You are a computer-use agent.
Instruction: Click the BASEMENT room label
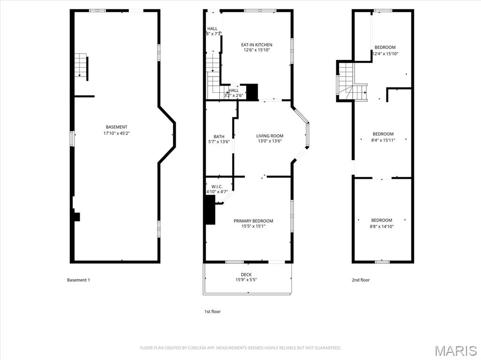pyautogui.click(x=116, y=127)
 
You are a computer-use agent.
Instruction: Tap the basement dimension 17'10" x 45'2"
pyautogui.click(x=116, y=133)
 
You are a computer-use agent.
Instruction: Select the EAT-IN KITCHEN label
pyautogui.click(x=256, y=45)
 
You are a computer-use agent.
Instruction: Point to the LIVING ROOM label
pyautogui.click(x=270, y=136)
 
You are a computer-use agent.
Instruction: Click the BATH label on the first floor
pyautogui.click(x=219, y=137)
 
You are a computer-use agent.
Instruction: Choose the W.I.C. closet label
pyautogui.click(x=217, y=186)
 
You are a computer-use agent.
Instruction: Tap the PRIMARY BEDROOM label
pyautogui.click(x=253, y=221)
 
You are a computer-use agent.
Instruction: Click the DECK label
pyautogui.click(x=246, y=275)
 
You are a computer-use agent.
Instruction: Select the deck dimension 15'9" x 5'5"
pyautogui.click(x=246, y=280)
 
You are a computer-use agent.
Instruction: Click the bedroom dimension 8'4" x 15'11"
pyautogui.click(x=383, y=140)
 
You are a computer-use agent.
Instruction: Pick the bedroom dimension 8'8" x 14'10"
pyautogui.click(x=382, y=226)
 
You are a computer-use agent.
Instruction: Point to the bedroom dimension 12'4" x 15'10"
pyautogui.click(x=385, y=54)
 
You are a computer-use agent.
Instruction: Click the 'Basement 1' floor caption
pyautogui.click(x=78, y=280)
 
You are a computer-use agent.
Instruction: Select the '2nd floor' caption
pyautogui.click(x=361, y=280)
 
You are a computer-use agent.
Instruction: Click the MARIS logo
pyautogui.click(x=456, y=351)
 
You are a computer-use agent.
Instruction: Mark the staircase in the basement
pyautogui.click(x=82, y=66)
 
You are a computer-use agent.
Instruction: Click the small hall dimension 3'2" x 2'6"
pyautogui.click(x=233, y=96)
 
